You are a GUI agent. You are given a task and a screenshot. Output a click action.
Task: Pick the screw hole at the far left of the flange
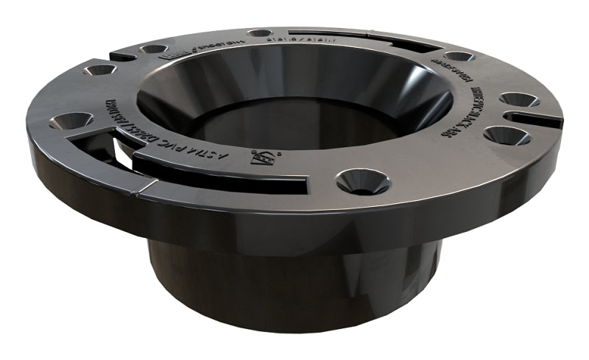(72, 120)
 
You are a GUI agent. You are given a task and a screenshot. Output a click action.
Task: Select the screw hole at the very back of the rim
(259, 33)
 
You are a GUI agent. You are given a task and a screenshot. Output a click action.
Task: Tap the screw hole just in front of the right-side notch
(506, 135)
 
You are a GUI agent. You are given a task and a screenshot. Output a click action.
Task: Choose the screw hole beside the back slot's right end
(459, 57)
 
